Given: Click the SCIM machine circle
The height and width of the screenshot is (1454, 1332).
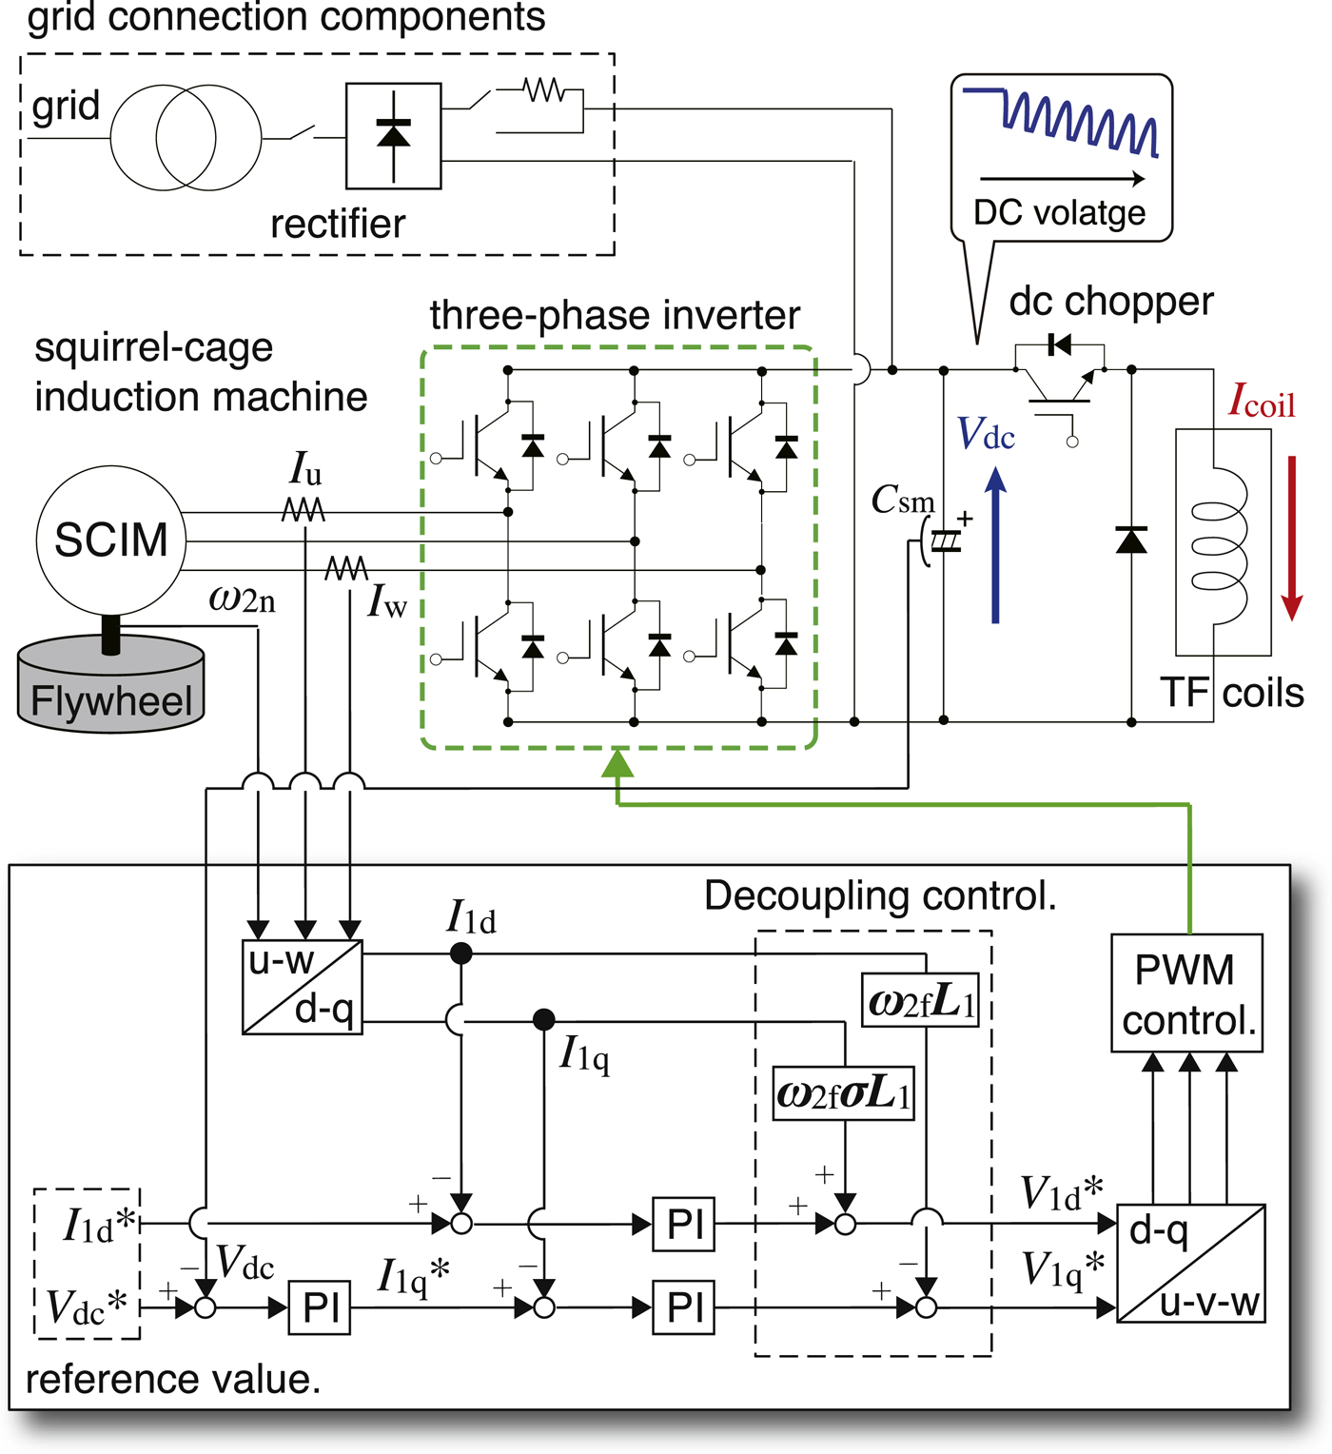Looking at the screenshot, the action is pos(111,540).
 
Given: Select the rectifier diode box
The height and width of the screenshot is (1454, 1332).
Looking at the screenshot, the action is pos(394,136).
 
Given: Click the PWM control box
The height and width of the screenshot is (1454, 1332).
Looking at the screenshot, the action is pos(1186,993).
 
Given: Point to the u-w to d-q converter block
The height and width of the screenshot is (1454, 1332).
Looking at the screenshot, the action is pos(303,987).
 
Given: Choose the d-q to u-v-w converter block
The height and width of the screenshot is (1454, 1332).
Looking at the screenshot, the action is pos(1190,1264).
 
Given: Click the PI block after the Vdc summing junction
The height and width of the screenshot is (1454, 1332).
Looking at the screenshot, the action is pos(320,1307).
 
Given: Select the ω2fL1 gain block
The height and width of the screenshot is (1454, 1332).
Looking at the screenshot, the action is pos(920,999).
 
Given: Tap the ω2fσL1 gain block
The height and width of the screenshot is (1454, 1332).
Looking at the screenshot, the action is pos(843,1093).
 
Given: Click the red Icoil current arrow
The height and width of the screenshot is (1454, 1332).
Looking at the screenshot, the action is pos(1291,538).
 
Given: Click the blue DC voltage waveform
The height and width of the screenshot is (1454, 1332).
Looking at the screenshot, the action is pos(1061,121).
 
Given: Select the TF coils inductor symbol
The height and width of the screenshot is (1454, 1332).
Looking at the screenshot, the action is pos(1221,543).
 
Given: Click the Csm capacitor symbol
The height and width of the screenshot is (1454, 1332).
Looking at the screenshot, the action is pos(942,540).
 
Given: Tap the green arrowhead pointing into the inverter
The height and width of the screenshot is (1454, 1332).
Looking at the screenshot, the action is pos(617,763).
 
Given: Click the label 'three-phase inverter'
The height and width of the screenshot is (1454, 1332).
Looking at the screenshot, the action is pos(615,315).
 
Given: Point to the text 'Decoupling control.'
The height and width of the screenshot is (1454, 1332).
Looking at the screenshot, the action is pos(880,895).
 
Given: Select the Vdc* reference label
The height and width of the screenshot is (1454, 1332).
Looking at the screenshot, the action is pos(87,1307).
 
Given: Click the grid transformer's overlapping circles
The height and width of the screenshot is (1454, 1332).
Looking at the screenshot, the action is pos(186,137).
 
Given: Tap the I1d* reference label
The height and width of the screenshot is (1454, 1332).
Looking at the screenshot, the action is pos(99,1225).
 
